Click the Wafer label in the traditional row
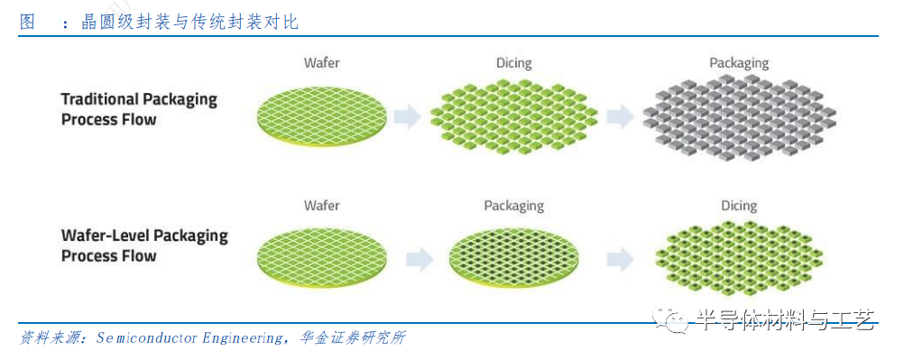tap(322, 63)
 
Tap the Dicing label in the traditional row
tap(513, 63)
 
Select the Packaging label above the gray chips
tap(738, 63)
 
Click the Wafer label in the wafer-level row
tap(322, 206)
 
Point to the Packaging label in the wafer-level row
tap(513, 206)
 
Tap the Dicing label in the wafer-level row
tap(738, 206)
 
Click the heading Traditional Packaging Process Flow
tap(139, 109)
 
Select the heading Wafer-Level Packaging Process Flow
tap(144, 245)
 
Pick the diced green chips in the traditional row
tap(513, 115)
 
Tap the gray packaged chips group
tap(739, 116)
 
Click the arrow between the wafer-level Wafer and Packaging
tap(419, 260)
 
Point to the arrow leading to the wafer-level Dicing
tap(620, 260)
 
